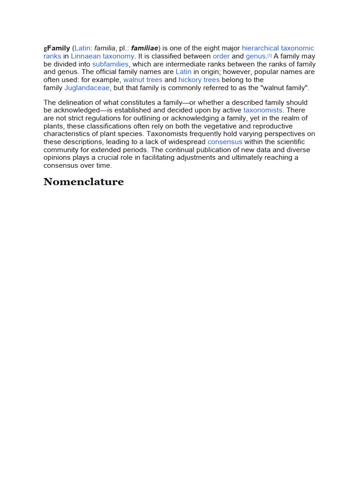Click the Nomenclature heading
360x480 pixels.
(83, 182)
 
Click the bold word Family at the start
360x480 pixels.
(59, 48)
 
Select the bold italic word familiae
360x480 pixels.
(144, 48)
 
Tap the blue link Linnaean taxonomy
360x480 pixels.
(103, 56)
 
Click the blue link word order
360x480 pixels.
(221, 56)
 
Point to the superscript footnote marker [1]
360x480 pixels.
(270, 55)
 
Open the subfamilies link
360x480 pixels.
(110, 64)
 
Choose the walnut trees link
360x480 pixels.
(142, 80)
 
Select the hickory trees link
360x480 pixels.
(199, 80)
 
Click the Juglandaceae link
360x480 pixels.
(87, 88)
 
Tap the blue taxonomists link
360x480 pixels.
(263, 110)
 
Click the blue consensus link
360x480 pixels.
(225, 142)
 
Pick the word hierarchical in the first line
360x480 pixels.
(260, 48)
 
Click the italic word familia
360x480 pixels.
(105, 48)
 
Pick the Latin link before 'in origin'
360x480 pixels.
(183, 72)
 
